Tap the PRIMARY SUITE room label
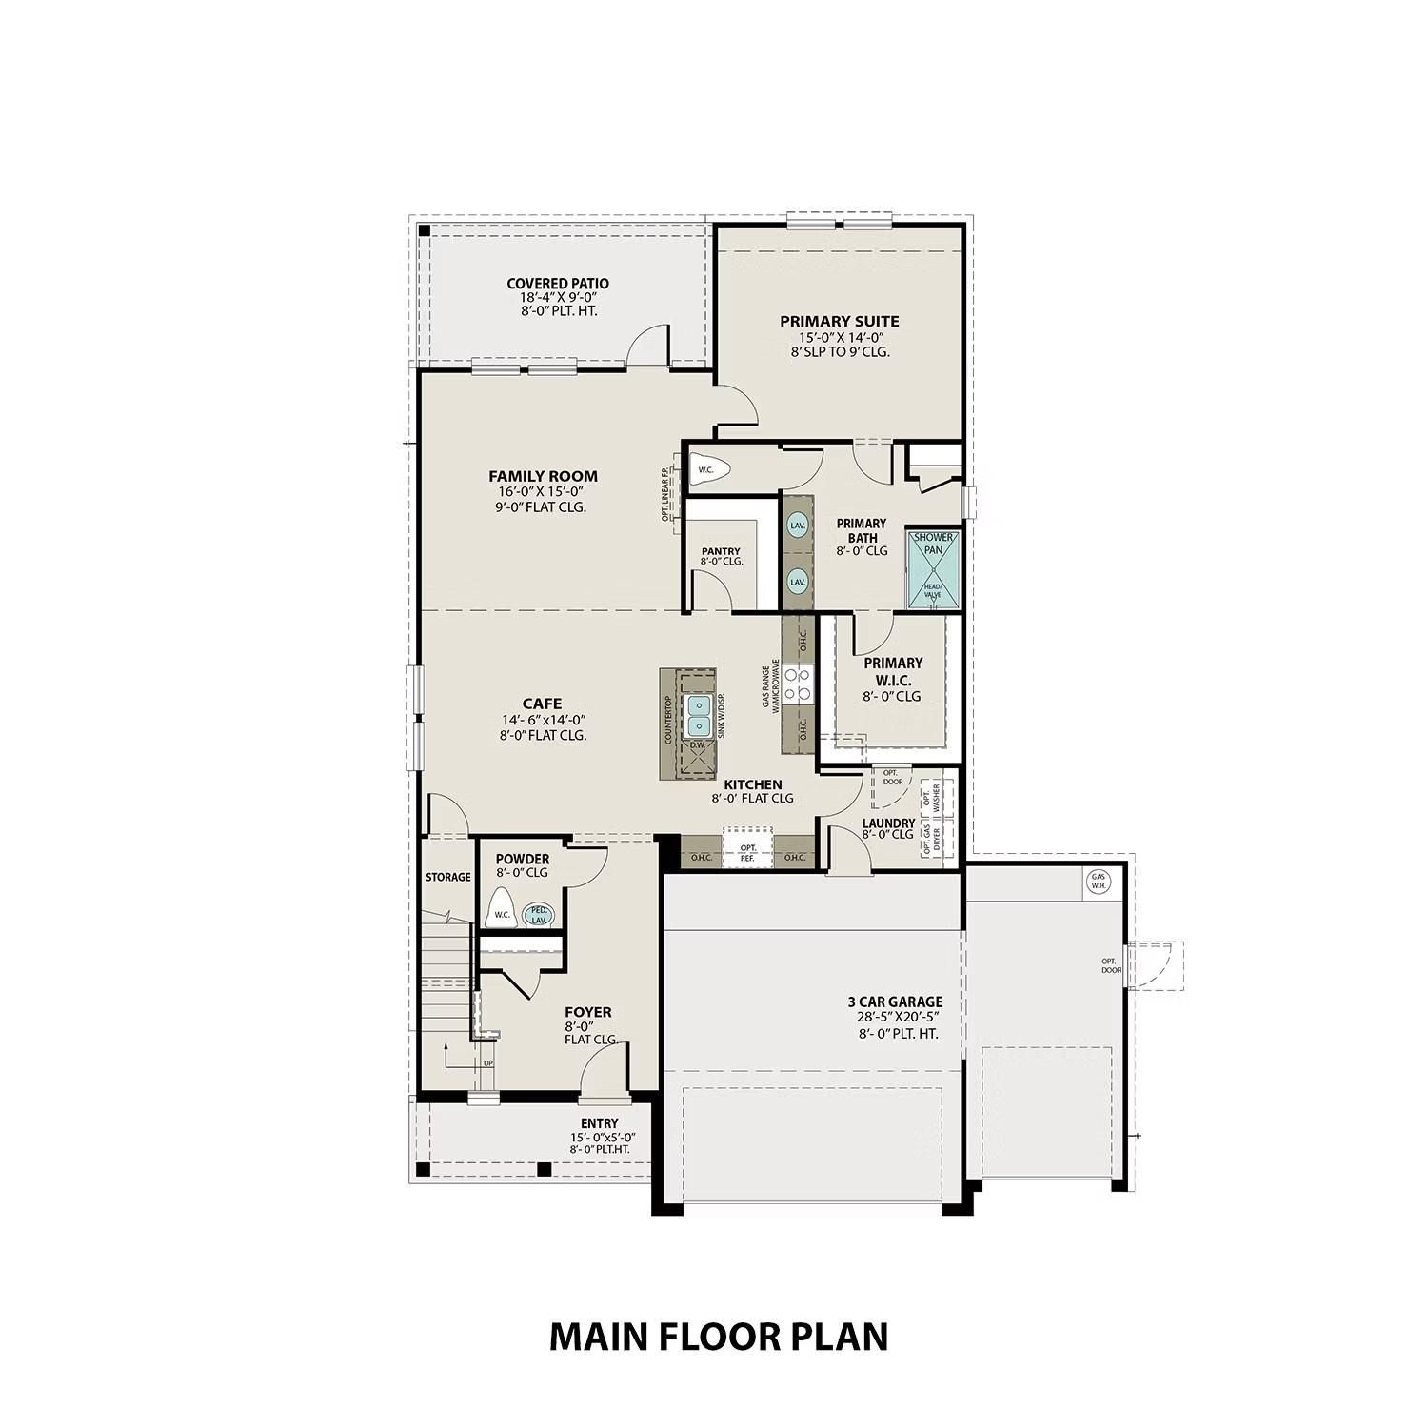(839, 322)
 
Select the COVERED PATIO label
(557, 284)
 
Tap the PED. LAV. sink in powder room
(539, 914)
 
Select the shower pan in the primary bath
(932, 567)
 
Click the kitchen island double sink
(701, 713)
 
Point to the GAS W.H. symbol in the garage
(1098, 882)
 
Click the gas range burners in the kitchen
(798, 683)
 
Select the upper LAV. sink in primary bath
(798, 526)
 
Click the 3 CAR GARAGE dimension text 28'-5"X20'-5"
(895, 1017)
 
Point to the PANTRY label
(721, 552)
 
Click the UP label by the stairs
(488, 1063)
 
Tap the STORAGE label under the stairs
(447, 877)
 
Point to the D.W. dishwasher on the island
(697, 745)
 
